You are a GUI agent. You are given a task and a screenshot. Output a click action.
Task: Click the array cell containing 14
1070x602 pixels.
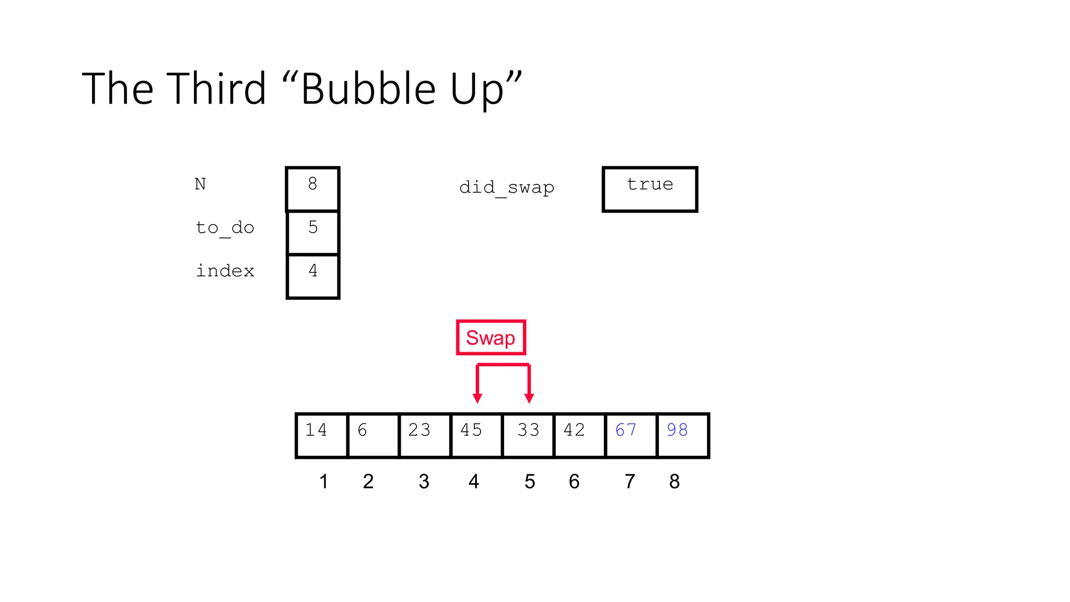[x=321, y=435]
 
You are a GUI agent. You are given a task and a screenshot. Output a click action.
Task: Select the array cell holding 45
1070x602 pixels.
[x=476, y=435]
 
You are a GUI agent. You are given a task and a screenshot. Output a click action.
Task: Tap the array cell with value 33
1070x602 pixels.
[x=528, y=435]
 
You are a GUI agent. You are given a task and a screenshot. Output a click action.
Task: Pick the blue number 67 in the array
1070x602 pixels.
[x=625, y=430]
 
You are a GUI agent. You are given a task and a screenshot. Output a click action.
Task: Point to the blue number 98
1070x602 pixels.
[x=677, y=430]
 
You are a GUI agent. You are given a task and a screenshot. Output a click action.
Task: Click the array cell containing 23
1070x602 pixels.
[x=425, y=435]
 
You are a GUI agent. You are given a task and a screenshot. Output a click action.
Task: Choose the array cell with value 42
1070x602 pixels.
[x=579, y=435]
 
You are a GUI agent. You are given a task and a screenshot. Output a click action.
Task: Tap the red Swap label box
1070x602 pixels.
[x=491, y=338]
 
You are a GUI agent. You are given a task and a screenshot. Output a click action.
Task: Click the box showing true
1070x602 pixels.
[x=650, y=189]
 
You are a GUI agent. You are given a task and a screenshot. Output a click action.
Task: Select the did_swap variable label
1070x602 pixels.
[x=506, y=187]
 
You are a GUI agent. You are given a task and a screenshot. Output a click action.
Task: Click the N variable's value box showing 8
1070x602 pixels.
[x=312, y=189]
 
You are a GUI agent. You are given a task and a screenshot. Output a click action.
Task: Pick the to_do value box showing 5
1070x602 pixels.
[x=312, y=233]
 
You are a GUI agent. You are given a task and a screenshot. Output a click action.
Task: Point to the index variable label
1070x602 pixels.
[x=225, y=271]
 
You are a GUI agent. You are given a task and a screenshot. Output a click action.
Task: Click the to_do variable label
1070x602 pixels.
[x=225, y=228]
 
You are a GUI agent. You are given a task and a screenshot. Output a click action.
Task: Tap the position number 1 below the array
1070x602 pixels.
[x=324, y=481]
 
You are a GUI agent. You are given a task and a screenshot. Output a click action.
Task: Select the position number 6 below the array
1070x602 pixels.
[x=574, y=481]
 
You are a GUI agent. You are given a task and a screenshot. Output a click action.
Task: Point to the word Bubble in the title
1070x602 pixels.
[x=368, y=89]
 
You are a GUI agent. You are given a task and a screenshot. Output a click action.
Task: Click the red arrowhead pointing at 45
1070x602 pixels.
[x=477, y=398]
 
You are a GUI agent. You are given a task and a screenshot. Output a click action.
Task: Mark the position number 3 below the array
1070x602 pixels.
[x=424, y=481]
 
